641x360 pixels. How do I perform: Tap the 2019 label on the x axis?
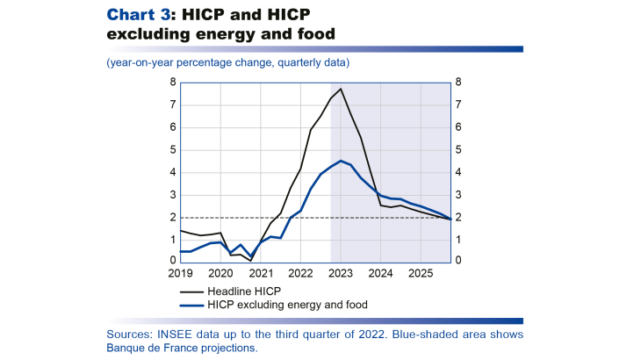point(180,273)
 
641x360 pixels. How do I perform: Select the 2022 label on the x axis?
point(300,273)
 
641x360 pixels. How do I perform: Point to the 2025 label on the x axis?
point(421,273)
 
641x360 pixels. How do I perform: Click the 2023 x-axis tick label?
point(341,273)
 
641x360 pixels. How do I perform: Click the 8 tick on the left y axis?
point(173,83)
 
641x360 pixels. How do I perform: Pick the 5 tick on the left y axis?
point(173,150)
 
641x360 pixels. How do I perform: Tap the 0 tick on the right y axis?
point(458,262)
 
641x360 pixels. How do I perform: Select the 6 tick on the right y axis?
point(458,127)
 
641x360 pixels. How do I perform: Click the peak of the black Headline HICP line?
point(341,89)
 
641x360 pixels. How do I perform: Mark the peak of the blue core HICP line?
point(341,161)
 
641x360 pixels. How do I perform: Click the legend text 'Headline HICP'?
point(245,290)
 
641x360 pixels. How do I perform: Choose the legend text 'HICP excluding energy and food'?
point(288,304)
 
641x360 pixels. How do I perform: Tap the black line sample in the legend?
point(191,290)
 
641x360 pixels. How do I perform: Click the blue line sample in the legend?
point(191,304)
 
